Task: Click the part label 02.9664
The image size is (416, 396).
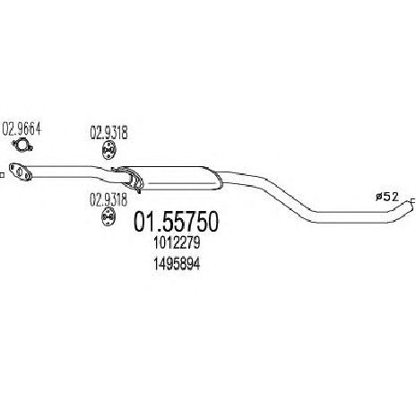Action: point(22,129)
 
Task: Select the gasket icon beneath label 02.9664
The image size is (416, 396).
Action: point(22,145)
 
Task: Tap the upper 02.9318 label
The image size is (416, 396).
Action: point(109,133)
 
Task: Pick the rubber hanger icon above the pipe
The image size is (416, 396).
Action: point(108,151)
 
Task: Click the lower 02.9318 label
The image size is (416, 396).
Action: point(108,199)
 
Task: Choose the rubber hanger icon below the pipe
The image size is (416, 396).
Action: point(108,217)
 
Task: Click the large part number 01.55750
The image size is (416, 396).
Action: point(177,222)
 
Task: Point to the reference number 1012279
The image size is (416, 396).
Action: point(177,243)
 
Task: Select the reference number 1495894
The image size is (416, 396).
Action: point(177,264)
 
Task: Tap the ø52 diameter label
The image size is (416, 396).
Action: point(387,197)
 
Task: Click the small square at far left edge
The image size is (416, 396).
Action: point(2,175)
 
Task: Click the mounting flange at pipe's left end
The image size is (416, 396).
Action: point(21,172)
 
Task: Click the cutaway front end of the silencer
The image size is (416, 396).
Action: point(129,178)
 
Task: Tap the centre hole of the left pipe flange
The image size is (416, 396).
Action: point(19,172)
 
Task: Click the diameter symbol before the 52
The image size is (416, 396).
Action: point(379,197)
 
